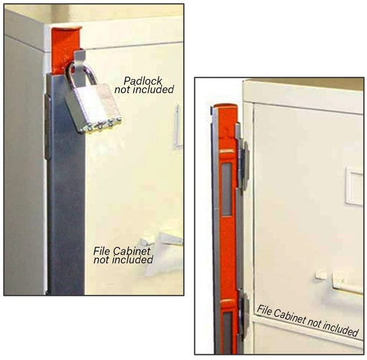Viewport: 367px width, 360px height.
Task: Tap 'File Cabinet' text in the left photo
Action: click(x=119, y=251)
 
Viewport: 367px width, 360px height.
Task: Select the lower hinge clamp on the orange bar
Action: click(x=243, y=316)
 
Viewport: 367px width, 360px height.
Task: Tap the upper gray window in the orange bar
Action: click(x=227, y=189)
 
